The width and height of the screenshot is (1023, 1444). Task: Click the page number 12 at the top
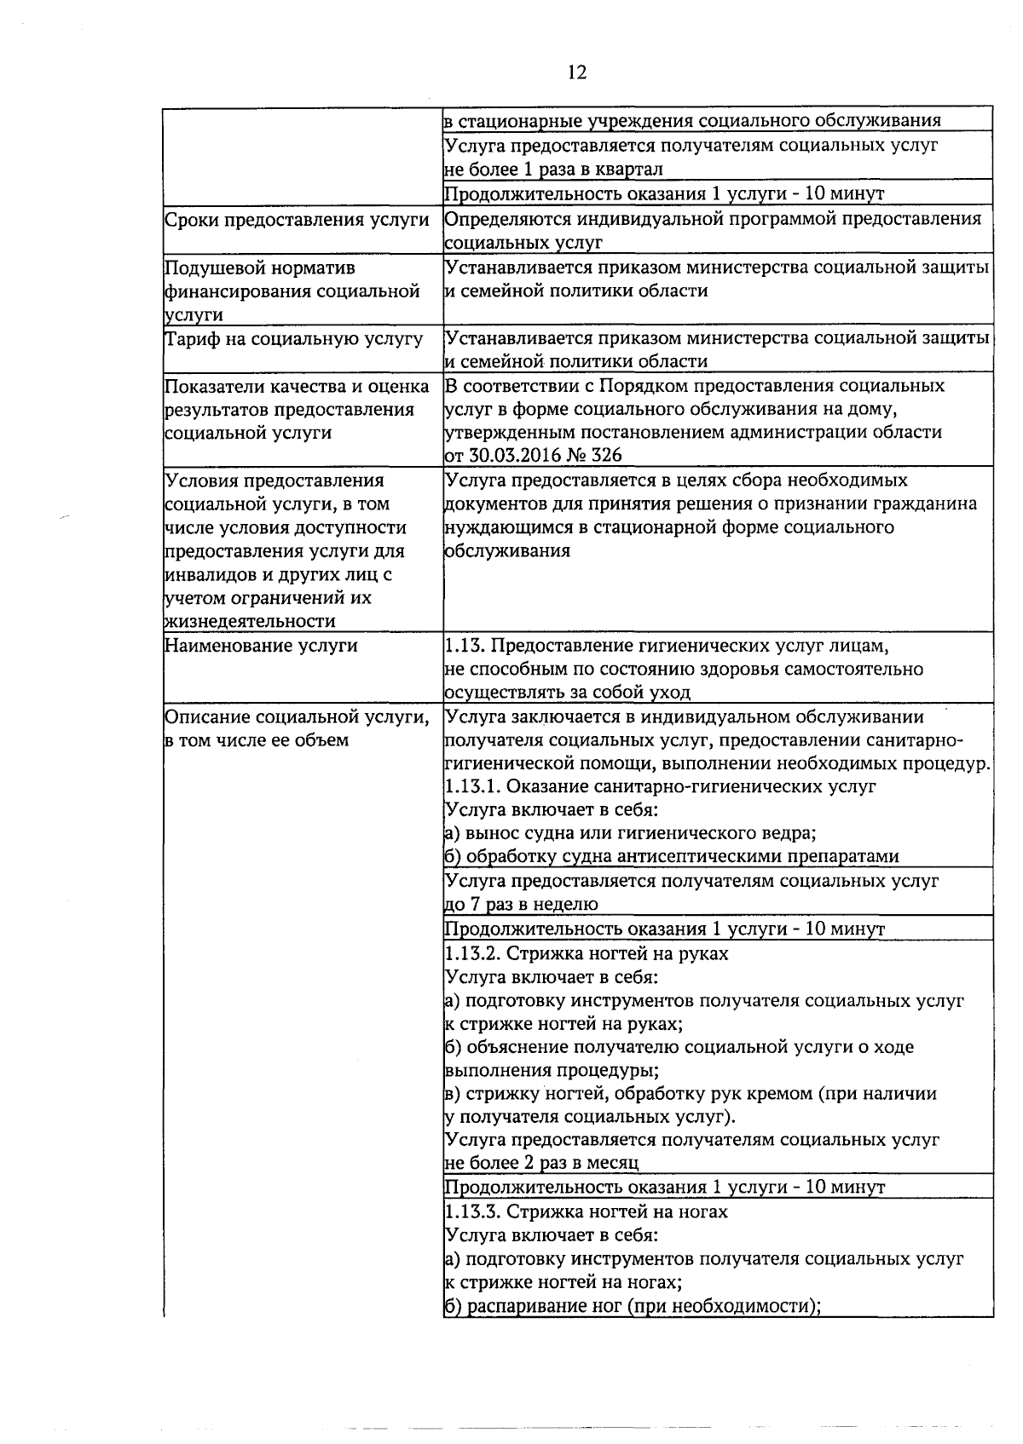[x=577, y=72]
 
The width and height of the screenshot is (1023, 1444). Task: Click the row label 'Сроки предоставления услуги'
[x=296, y=219]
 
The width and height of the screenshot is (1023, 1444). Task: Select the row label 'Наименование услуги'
[x=261, y=645]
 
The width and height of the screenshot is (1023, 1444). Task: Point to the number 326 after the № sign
[x=606, y=455]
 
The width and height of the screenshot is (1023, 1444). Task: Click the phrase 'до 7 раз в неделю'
[x=521, y=904]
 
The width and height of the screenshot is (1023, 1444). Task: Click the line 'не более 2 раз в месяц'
[x=542, y=1163]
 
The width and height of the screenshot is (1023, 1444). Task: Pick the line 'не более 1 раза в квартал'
[x=553, y=169]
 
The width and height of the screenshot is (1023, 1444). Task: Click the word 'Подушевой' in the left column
[x=213, y=268]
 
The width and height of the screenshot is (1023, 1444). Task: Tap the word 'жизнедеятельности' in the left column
[x=249, y=621]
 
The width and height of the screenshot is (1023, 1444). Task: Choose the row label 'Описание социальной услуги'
[x=296, y=716]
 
